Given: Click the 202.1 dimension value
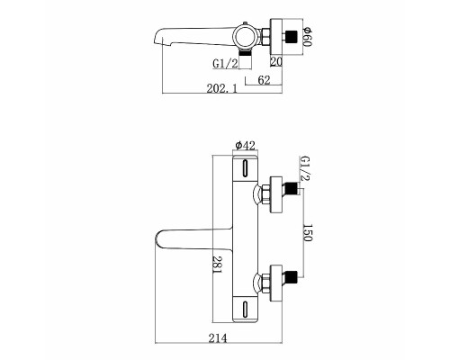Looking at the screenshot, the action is tap(221, 89).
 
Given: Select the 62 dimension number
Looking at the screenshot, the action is tap(264, 80).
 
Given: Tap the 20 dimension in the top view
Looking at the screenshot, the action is tap(276, 61).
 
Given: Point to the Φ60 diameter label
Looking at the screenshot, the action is tap(308, 37).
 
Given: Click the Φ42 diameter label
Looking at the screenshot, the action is tap(246, 146).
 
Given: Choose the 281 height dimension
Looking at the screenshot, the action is tap(217, 265).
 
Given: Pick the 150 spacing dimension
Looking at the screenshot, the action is tap(308, 232).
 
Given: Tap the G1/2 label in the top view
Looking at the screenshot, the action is tap(225, 63).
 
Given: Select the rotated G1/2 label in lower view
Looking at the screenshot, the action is tap(305, 168).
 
